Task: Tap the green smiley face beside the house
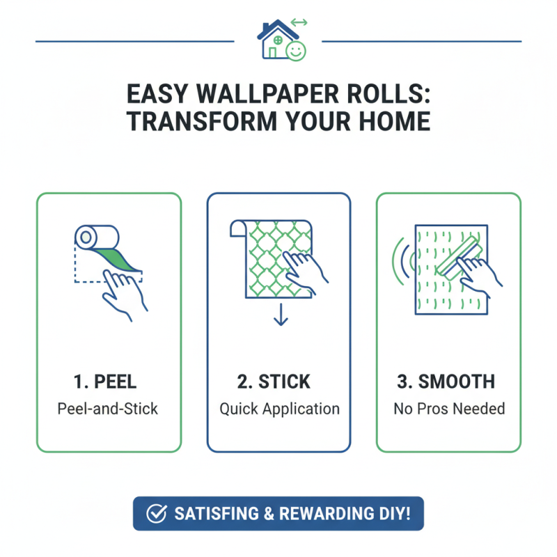pos(296,49)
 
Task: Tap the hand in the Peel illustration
pos(125,292)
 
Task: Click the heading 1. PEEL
pos(105,382)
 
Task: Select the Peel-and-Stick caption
pos(108,408)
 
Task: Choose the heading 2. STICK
pos(278,382)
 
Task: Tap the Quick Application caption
pos(279,408)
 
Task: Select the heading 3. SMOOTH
pos(449,382)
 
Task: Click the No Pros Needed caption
pos(449,408)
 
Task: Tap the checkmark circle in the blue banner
pos(156,514)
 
